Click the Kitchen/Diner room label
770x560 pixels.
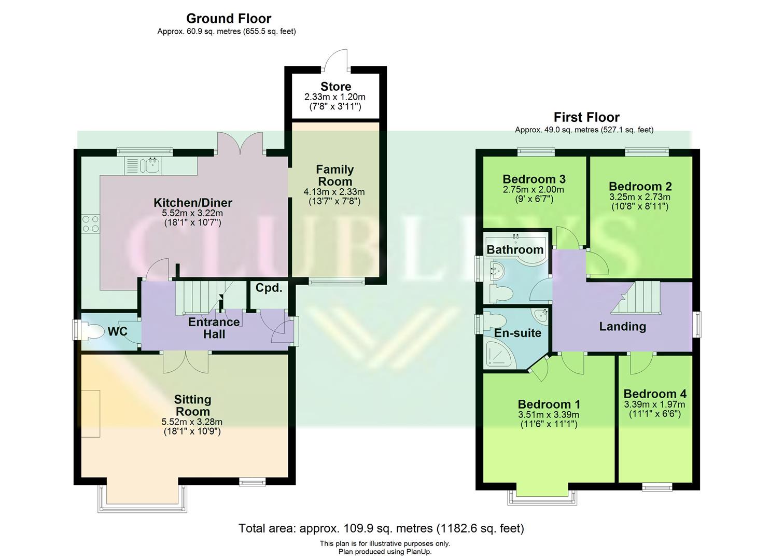coord(193,203)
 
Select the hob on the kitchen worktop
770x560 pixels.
coord(90,223)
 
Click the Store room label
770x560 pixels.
coord(335,87)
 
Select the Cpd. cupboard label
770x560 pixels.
coord(269,288)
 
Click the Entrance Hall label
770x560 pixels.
coord(214,328)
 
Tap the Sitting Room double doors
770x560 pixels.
coord(186,362)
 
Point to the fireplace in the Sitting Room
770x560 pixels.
coord(91,413)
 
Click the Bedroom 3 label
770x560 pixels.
coord(534,179)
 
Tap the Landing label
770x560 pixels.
coord(622,326)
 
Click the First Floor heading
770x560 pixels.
coord(586,117)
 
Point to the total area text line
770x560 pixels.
coord(381,528)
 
